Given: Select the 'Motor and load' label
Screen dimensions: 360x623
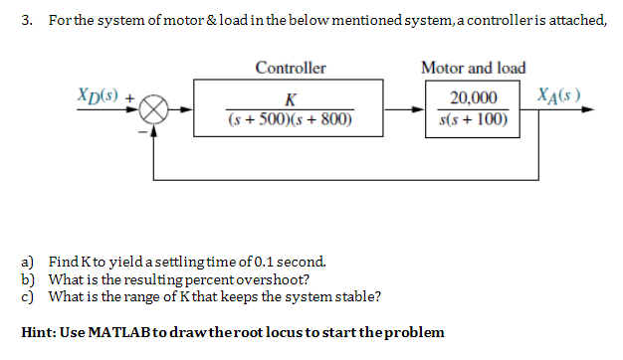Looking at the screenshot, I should pos(473,69).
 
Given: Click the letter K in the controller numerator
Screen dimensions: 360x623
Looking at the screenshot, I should pos(290,99).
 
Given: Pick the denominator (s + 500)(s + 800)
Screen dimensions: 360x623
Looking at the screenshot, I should pos(290,121).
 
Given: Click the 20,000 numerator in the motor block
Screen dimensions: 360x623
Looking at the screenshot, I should pos(473,99).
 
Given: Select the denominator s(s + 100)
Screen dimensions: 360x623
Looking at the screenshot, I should pos(473,121).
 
